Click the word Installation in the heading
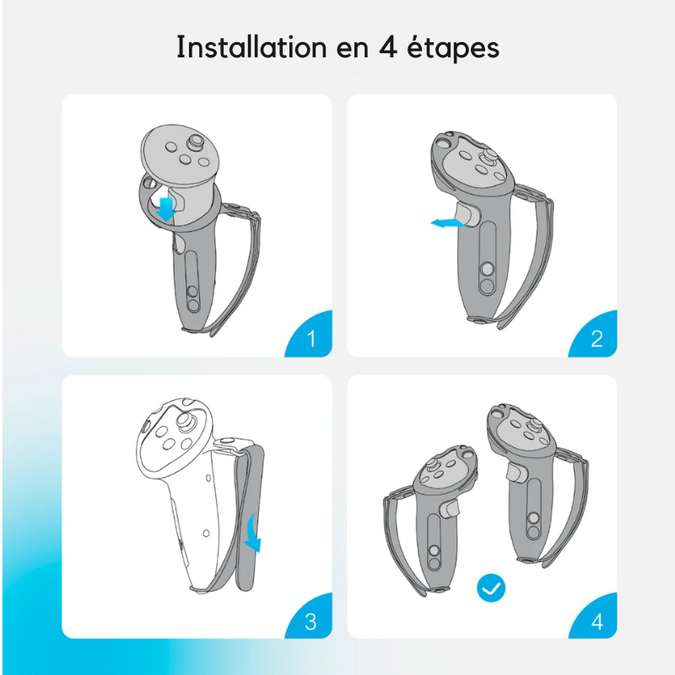coord(251,46)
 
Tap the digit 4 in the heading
coord(388,47)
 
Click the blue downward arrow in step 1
coord(165,209)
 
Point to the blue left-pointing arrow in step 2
coord(448,223)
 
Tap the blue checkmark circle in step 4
coord(491,588)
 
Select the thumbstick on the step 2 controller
coord(488,156)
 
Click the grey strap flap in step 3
coord(249,516)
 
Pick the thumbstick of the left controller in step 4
coord(431,465)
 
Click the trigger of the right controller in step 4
coord(516,472)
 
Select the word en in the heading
coord(353,49)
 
